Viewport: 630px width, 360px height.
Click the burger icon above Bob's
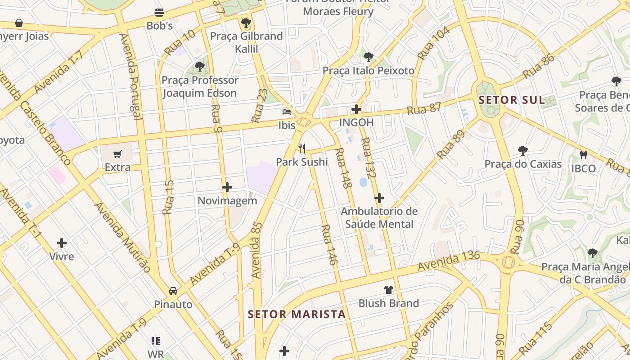coord(159,12)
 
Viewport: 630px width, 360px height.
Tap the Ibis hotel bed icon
coord(287,112)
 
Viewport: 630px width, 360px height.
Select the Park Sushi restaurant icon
coord(302,148)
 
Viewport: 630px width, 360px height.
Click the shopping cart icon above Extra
coord(117,154)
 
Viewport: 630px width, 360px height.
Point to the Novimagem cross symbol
coord(227,187)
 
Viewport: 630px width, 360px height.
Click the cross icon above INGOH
coord(356,109)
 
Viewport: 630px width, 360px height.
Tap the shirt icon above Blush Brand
coord(388,290)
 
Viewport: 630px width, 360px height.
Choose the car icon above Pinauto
coord(173,291)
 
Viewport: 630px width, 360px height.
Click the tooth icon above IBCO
coord(584,155)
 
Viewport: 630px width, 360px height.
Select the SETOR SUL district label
coord(512,100)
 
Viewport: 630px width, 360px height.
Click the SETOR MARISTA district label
coord(297,314)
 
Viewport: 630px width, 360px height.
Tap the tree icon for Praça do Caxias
coord(522,150)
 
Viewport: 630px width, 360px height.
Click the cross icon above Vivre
coord(62,243)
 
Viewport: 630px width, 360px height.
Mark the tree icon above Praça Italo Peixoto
coord(368,57)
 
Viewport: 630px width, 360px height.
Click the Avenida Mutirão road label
coord(122,237)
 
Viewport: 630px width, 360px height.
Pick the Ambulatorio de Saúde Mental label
coord(379,217)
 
